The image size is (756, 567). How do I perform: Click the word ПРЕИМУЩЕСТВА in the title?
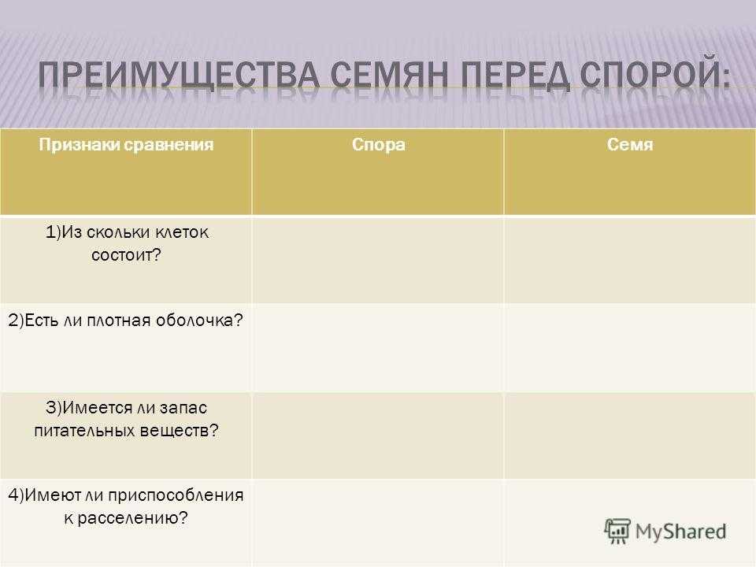pos(179,76)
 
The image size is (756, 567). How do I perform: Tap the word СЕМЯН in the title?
pos(390,76)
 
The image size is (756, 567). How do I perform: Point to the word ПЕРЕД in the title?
pos(514,76)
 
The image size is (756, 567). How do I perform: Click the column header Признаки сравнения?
pos(126,145)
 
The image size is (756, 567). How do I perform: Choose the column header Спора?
pos(379,145)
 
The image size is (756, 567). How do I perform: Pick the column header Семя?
pos(630,145)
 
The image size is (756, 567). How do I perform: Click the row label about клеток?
pos(126,243)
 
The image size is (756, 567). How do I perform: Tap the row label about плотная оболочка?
pos(125,321)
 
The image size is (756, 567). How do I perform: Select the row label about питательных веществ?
pos(126,419)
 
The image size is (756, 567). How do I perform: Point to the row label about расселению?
pos(126,506)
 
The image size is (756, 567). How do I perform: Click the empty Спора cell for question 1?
pos(378,261)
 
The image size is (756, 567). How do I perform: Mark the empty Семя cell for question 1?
pos(630,261)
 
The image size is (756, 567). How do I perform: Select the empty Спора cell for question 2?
pos(378,348)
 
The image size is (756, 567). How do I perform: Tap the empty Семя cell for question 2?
pos(630,348)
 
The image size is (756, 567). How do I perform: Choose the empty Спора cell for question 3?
pos(378,435)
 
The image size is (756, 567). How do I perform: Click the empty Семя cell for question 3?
pos(630,435)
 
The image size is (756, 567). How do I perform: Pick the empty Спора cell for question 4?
pos(378,523)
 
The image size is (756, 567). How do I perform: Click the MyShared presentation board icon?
pos(617,531)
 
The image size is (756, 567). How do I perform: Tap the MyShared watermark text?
pos(680,532)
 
